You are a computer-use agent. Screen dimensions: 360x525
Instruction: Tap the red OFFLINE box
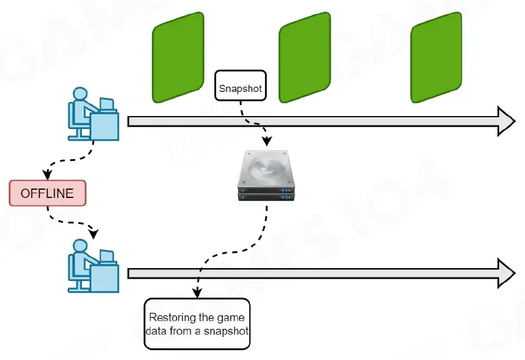point(47,193)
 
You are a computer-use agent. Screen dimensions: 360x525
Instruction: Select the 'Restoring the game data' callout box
point(197,323)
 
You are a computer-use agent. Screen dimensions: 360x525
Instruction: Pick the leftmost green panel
point(178,57)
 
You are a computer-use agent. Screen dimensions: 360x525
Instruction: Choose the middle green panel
point(305,57)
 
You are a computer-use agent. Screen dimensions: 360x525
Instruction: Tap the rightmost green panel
point(436,57)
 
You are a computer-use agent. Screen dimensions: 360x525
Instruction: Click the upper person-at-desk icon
point(93,114)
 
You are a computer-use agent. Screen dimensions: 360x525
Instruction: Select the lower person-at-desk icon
point(93,266)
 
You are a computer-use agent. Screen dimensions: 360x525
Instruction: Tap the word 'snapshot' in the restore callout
point(229,331)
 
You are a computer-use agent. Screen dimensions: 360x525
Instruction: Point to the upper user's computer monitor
point(107,105)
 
